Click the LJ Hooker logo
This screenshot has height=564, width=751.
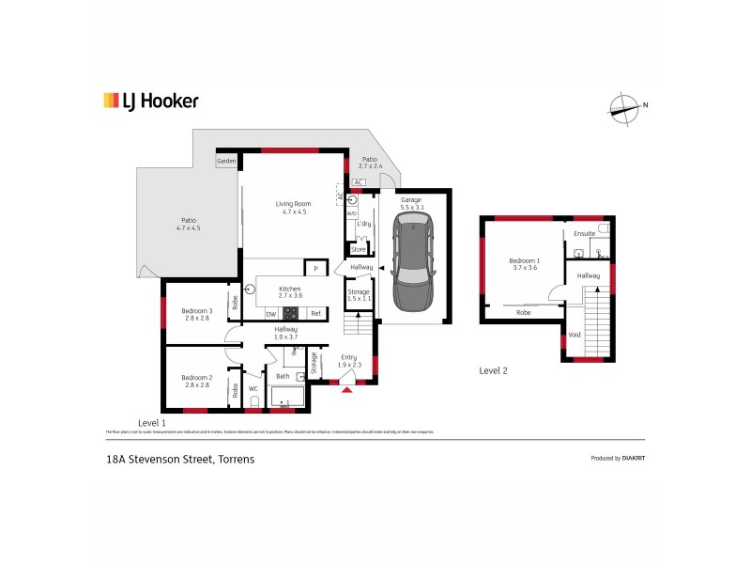click(150, 102)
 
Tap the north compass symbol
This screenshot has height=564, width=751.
click(624, 110)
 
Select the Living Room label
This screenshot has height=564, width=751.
click(292, 208)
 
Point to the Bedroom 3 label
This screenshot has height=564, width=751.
click(198, 315)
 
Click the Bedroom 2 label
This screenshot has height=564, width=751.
click(198, 382)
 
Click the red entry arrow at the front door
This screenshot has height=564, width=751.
click(347, 389)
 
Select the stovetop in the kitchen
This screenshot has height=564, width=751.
click(291, 313)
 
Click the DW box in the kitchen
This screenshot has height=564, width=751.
click(270, 313)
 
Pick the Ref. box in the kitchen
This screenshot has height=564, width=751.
click(316, 313)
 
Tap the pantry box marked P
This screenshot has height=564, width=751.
click(316, 270)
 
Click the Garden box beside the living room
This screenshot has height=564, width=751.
click(226, 162)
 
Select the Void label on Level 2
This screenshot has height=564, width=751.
click(574, 334)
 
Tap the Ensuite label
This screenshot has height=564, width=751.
click(584, 233)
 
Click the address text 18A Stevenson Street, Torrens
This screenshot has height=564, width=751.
click(180, 460)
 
